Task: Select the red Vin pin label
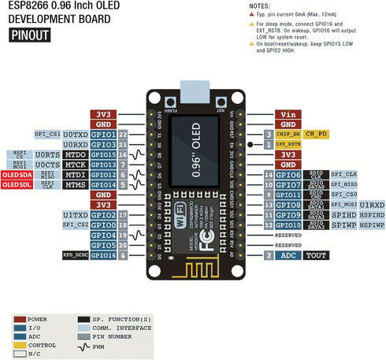pos(288,113)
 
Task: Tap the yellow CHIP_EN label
pos(288,135)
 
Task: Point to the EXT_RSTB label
pos(288,145)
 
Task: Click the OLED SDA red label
pos(15,174)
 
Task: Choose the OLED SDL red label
pos(15,184)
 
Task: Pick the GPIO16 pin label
pos(103,255)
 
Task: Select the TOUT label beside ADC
pos(317,255)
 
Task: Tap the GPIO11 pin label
pos(288,195)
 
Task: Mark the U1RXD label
pos(372,205)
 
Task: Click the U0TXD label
pos(75,135)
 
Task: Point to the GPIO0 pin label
pos(103,225)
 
